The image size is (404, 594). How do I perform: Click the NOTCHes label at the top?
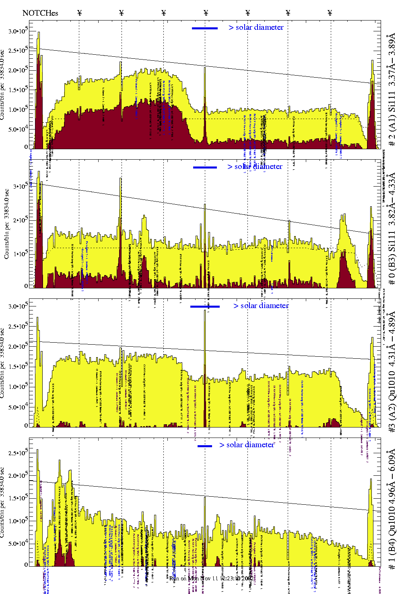click(x=40, y=13)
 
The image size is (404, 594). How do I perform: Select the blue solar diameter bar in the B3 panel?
click(x=205, y=167)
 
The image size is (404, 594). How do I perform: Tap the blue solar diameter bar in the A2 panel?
click(x=205, y=306)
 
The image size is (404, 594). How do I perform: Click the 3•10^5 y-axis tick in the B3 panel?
click(x=20, y=187)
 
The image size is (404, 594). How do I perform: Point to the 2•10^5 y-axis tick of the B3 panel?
click(x=20, y=220)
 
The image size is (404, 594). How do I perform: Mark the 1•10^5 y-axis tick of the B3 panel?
click(x=20, y=254)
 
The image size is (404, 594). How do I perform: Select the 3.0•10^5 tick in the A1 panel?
click(x=18, y=31)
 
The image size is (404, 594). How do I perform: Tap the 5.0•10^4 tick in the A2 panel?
click(x=18, y=407)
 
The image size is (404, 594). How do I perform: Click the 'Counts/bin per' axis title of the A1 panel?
click(x=3, y=84)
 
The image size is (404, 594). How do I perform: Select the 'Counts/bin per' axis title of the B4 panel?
click(x=3, y=503)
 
